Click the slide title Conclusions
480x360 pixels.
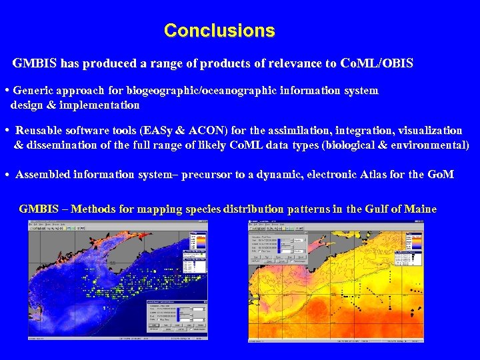[x=219, y=31]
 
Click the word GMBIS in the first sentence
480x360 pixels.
[x=35, y=64]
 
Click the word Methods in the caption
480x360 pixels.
[x=95, y=209]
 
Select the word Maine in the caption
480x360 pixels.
[x=419, y=209]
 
